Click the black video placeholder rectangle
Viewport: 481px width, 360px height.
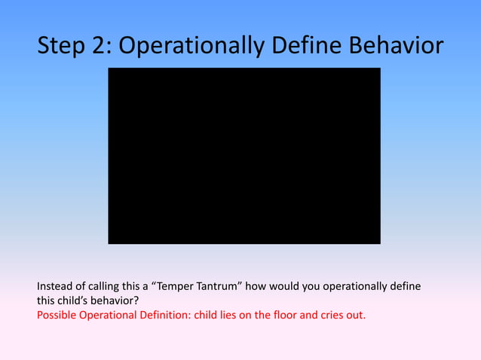(x=244, y=156)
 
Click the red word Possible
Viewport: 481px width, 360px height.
(x=57, y=314)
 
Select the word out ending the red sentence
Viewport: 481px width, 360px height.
(x=357, y=314)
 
